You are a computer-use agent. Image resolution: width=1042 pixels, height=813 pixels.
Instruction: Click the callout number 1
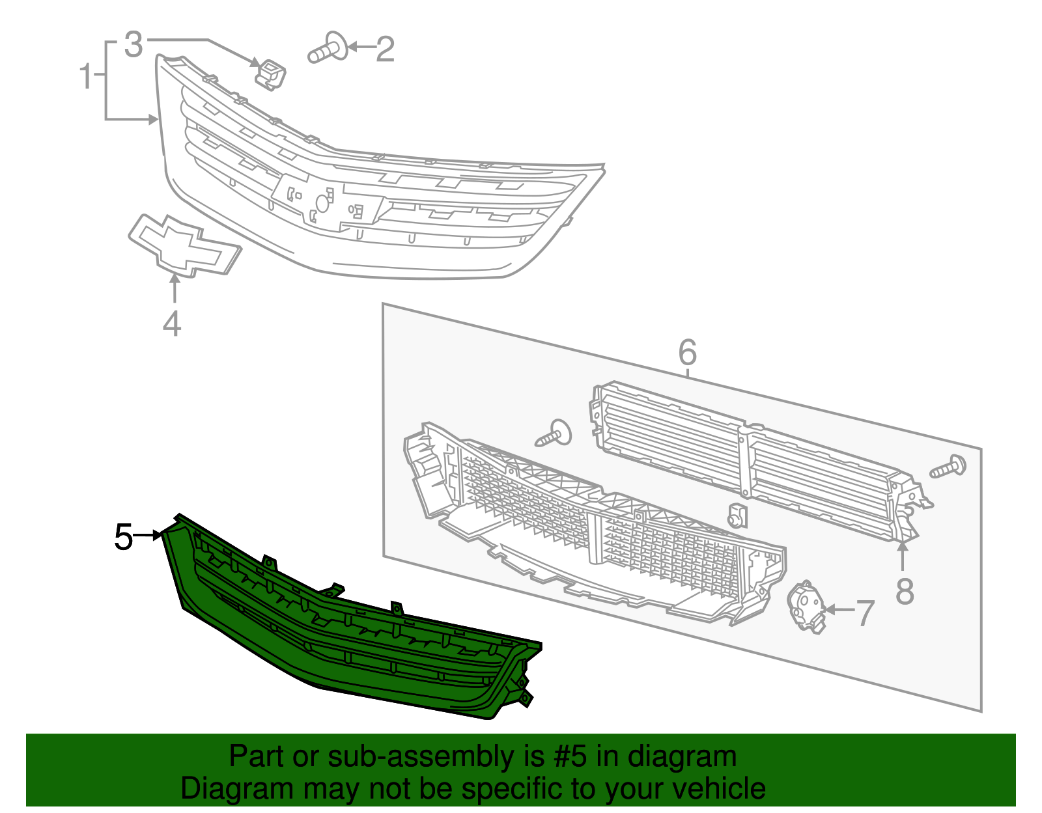85,77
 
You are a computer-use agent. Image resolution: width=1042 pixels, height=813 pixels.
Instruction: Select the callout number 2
385,50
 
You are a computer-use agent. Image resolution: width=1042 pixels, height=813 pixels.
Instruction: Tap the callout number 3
133,45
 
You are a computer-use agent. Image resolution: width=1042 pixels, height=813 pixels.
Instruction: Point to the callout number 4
171,324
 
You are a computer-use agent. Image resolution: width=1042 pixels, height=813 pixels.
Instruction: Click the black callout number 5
123,538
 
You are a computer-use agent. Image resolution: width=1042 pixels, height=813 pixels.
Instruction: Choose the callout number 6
687,353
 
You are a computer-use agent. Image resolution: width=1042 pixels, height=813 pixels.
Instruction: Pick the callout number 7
864,613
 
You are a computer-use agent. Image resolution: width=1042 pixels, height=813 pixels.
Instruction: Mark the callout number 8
905,591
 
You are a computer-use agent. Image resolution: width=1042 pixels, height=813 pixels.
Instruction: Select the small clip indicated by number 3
271,74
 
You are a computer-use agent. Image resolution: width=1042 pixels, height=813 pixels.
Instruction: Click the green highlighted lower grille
352,644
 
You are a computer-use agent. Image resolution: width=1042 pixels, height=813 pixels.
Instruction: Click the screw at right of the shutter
949,467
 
